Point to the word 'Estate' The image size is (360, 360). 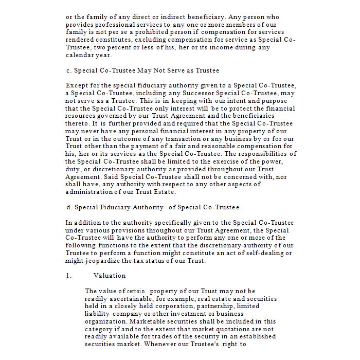(x=163, y=192)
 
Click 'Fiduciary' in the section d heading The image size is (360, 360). (x=114, y=207)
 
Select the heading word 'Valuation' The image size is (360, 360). (x=110, y=276)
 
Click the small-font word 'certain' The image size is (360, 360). (x=136, y=291)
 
